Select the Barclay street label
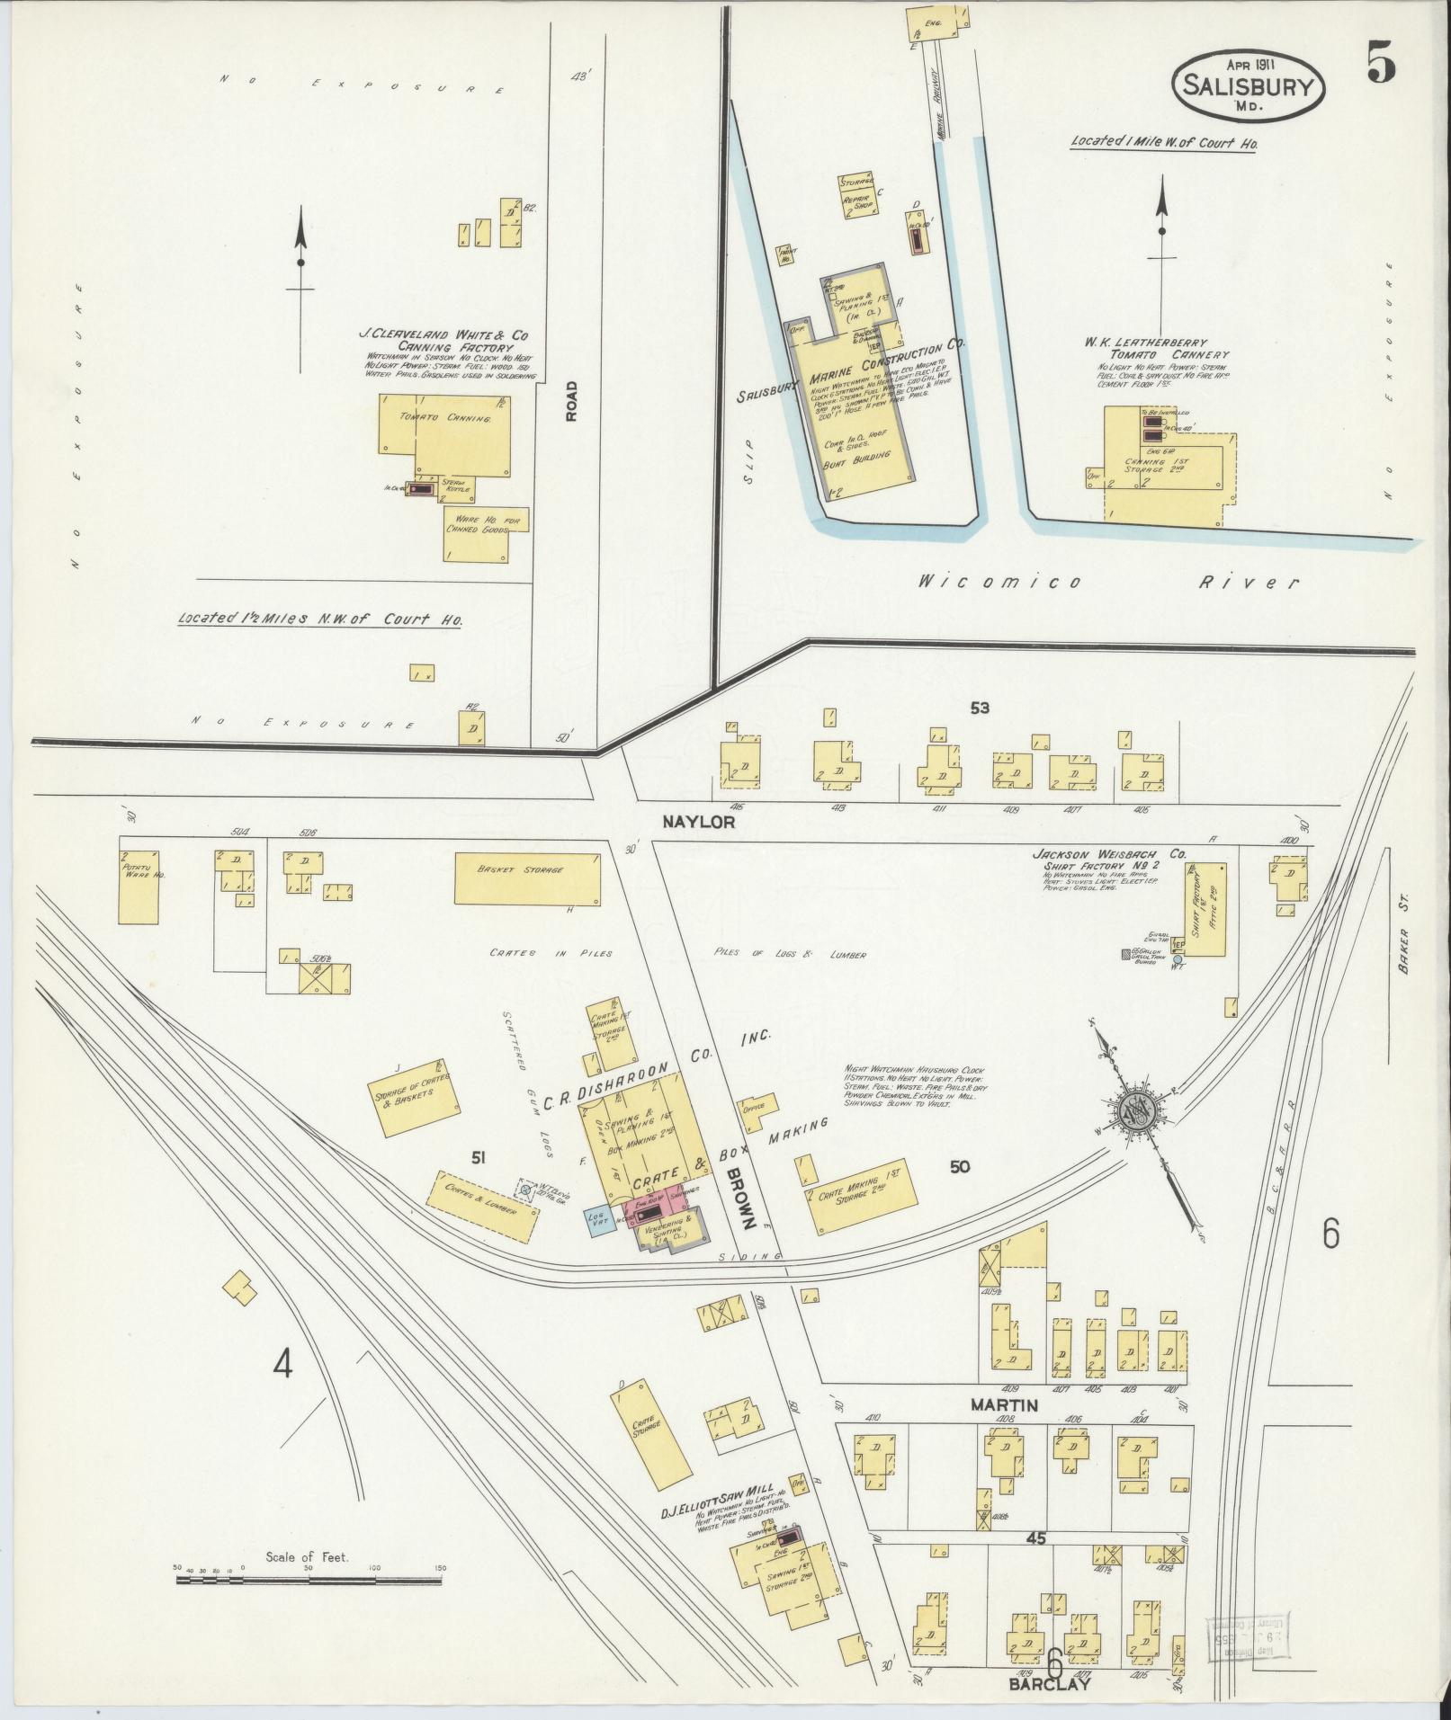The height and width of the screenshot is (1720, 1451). click(1049, 1684)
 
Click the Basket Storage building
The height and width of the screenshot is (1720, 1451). click(527, 878)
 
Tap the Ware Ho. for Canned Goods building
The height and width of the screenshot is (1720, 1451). click(485, 532)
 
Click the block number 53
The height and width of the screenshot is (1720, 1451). click(979, 708)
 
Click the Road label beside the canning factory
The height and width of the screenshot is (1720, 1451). click(570, 400)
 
